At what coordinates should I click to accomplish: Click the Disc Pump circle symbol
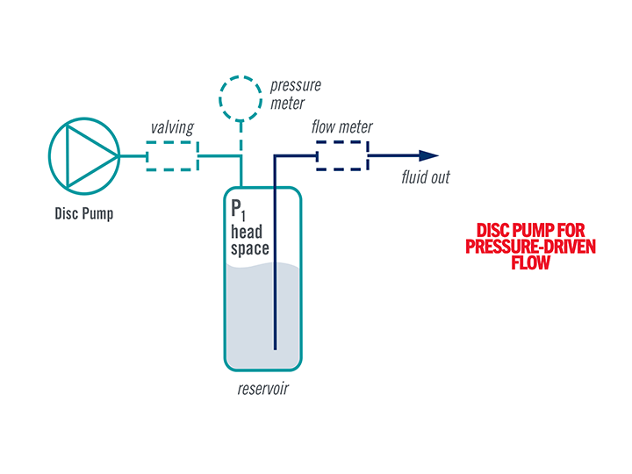coord(83,156)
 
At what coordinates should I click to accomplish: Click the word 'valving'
coord(172,128)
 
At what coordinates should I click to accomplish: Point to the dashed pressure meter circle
coord(241,98)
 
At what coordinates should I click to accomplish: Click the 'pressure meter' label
coord(295,95)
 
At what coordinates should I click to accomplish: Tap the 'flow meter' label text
coord(341,127)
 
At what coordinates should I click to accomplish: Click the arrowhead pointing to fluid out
coord(427,156)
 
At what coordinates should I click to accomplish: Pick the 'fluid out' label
coord(426,178)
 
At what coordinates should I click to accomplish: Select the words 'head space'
coord(249,241)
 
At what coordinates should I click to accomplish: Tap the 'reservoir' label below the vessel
coord(262,389)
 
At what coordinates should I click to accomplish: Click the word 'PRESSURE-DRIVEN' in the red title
coord(530,247)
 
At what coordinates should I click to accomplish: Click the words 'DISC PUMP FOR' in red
coord(530,231)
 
